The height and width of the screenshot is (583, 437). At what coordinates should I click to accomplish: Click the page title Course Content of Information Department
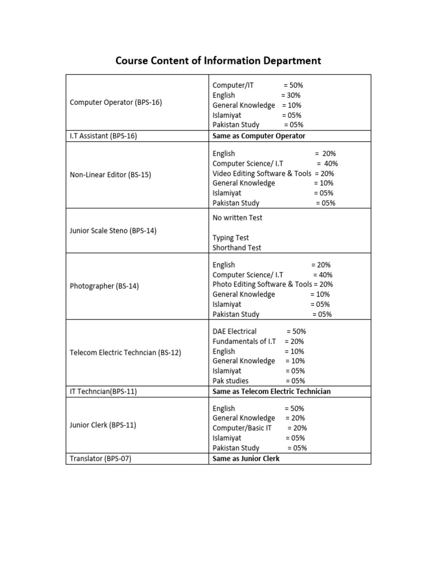[x=218, y=60]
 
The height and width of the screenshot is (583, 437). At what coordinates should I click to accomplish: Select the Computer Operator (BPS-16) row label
[x=116, y=102]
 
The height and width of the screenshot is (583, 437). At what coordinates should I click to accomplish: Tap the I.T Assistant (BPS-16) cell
[x=103, y=136]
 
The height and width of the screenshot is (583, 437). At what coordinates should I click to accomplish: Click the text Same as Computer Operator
[x=259, y=136]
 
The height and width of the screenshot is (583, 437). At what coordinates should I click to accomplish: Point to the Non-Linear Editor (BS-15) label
[x=110, y=175]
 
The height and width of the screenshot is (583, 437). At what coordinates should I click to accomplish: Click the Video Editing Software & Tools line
[x=273, y=173]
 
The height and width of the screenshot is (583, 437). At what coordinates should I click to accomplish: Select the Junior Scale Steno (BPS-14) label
[x=113, y=231]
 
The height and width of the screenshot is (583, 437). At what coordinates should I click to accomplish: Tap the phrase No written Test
[x=237, y=217]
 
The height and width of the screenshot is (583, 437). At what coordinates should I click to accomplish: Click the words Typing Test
[x=230, y=237]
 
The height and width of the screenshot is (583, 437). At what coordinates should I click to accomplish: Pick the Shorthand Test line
[x=237, y=248]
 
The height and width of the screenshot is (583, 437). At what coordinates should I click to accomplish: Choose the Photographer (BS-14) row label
[x=104, y=286]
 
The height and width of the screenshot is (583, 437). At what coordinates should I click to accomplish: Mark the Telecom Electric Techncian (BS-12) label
[x=125, y=352]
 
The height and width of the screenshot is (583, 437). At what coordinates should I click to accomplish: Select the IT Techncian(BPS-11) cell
[x=103, y=391]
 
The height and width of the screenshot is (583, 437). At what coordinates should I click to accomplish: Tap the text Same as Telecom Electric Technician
[x=271, y=391]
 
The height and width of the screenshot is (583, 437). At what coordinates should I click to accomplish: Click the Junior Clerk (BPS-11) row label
[x=103, y=425]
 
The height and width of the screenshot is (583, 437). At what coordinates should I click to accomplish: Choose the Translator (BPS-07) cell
[x=100, y=458]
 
